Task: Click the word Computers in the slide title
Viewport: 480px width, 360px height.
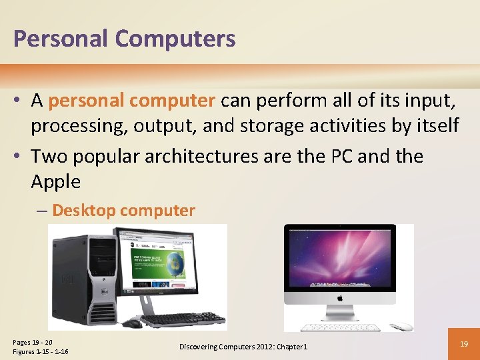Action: click(175, 39)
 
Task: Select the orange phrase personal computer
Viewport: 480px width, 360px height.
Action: click(132, 101)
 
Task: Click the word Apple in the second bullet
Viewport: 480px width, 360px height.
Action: click(55, 181)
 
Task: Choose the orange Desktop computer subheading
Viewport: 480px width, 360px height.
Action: click(123, 211)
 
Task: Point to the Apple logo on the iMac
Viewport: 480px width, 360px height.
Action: click(339, 299)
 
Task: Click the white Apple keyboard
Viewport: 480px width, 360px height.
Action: click(340, 327)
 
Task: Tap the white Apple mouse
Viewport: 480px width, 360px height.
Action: click(402, 327)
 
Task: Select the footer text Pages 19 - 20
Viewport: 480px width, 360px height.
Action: click(33, 342)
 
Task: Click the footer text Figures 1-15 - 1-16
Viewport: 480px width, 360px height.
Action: click(40, 351)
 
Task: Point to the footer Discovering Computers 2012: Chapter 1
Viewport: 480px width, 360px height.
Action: click(243, 347)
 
